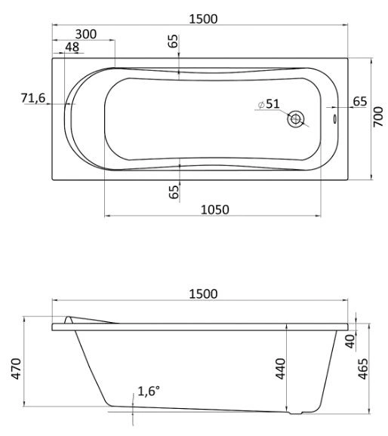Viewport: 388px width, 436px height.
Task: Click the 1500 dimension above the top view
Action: click(203, 19)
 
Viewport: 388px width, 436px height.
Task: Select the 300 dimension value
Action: click(86, 34)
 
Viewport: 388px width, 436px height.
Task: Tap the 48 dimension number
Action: click(72, 48)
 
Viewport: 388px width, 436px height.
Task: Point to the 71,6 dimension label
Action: click(34, 98)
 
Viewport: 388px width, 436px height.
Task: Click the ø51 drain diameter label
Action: click(269, 104)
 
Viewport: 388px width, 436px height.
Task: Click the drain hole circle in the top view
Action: click(296, 118)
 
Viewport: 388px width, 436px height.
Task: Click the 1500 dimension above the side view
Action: click(202, 293)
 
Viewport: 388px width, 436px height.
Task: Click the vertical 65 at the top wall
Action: click(174, 42)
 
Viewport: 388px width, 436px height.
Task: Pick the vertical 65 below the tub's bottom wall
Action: click(174, 192)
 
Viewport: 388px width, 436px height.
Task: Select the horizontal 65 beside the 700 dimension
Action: click(360, 101)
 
